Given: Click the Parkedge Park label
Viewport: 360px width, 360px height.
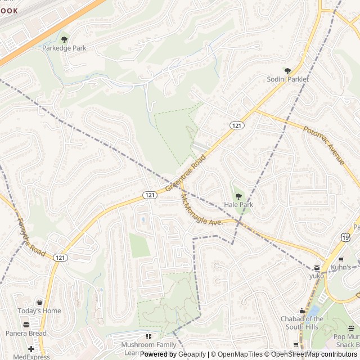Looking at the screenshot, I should (64, 48).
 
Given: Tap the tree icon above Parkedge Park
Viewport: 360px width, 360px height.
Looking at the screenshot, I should (64, 39).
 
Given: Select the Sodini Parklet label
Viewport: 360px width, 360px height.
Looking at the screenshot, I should (287, 79).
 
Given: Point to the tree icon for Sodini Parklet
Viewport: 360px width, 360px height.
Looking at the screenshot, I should (287, 71).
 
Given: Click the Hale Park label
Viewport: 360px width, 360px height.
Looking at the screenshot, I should (238, 205).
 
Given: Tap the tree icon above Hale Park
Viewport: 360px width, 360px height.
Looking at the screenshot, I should (238, 196).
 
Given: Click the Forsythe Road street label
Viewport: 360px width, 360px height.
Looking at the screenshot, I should (30, 236).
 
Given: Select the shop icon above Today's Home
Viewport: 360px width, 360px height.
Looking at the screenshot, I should (39, 303).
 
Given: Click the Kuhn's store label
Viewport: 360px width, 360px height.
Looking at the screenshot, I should (340, 267).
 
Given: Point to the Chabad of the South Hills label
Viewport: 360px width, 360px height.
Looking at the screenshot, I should (302, 322).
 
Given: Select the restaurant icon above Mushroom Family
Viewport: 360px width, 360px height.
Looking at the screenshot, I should (148, 336).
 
